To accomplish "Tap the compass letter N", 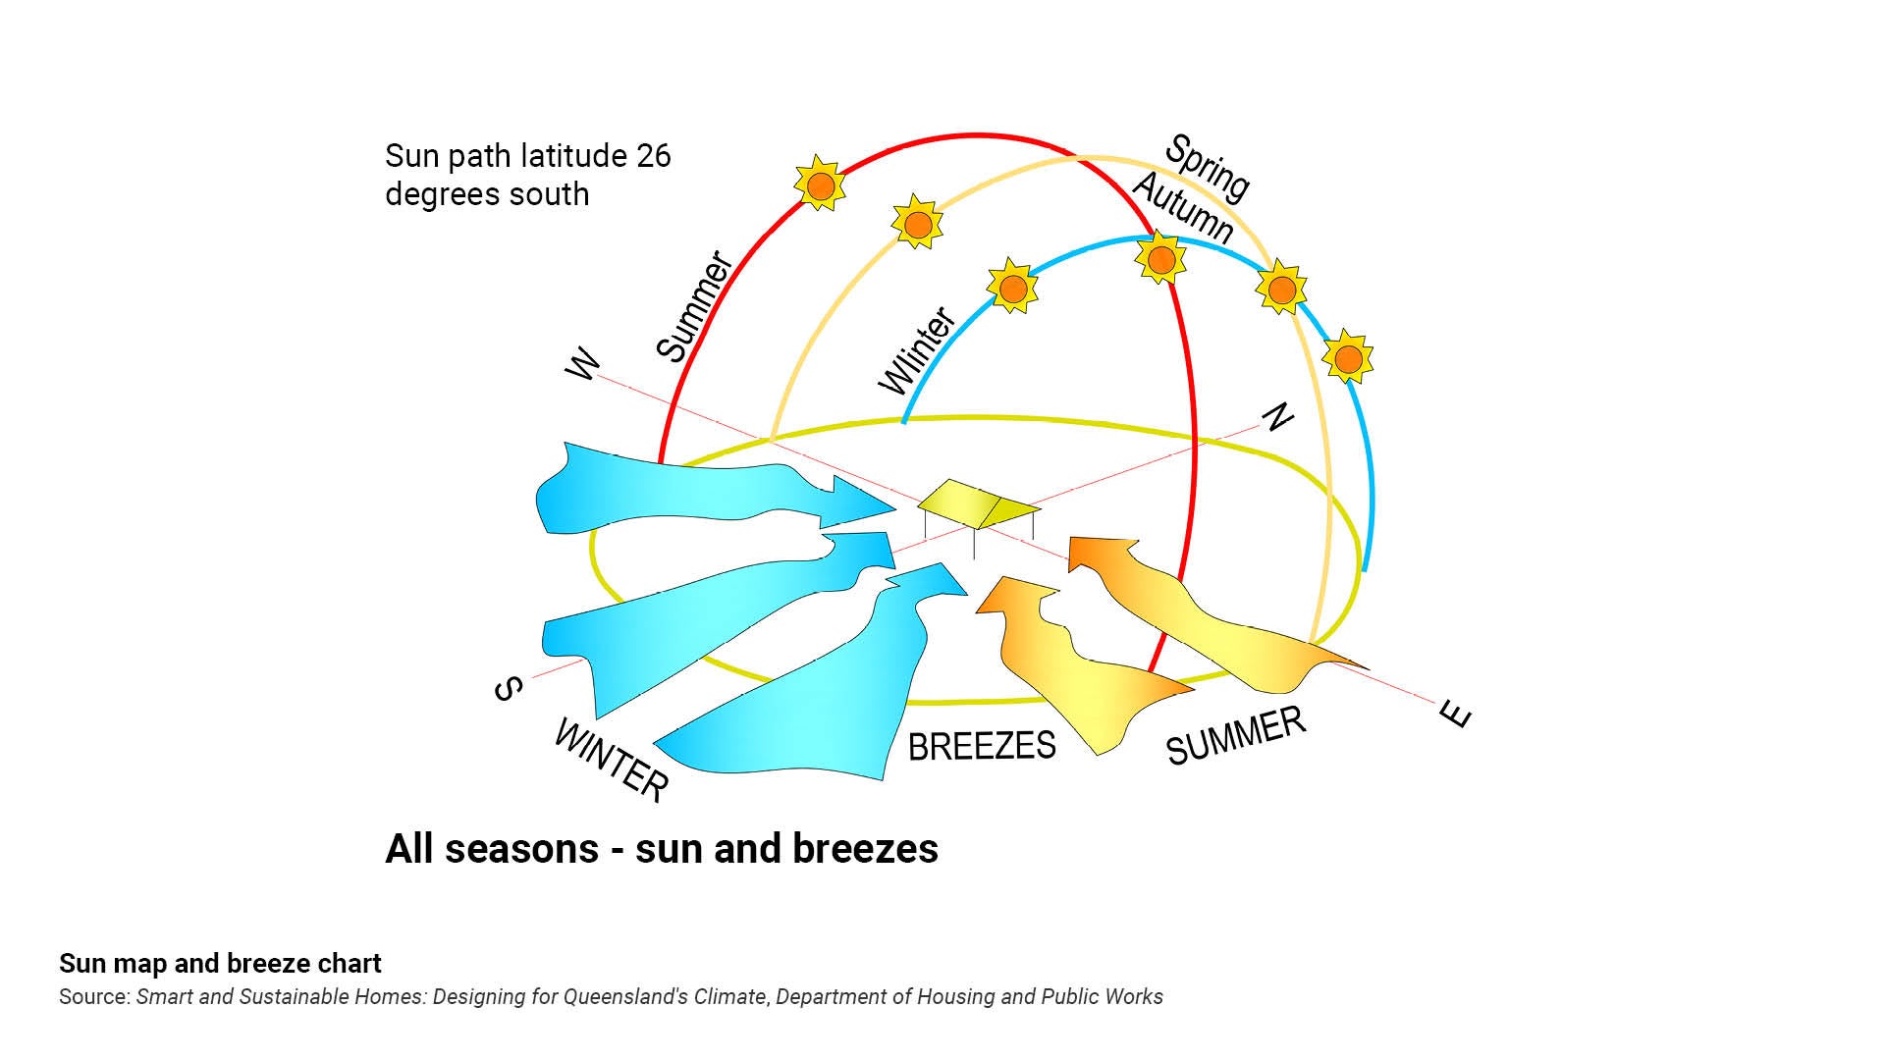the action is pyautogui.click(x=1276, y=417).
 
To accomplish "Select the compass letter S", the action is pyautogui.click(x=507, y=690).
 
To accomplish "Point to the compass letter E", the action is pyautogui.click(x=1457, y=714).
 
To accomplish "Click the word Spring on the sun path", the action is pyautogui.click(x=1207, y=168).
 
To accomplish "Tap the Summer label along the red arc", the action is pyautogui.click(x=694, y=307).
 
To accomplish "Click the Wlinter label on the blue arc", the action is pyautogui.click(x=917, y=350).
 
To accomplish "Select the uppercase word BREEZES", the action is pyautogui.click(x=982, y=746).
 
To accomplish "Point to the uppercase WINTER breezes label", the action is pyautogui.click(x=611, y=760).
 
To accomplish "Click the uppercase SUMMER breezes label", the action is pyautogui.click(x=1236, y=735).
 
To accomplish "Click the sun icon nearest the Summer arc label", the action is pyautogui.click(x=820, y=185).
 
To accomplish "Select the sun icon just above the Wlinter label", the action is pyautogui.click(x=1012, y=287).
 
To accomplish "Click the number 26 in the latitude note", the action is pyautogui.click(x=653, y=156).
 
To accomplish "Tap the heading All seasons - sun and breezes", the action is pyautogui.click(x=662, y=849).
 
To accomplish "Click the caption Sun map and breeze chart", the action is pyautogui.click(x=220, y=963).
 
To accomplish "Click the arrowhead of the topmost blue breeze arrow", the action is pyautogui.click(x=864, y=496).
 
